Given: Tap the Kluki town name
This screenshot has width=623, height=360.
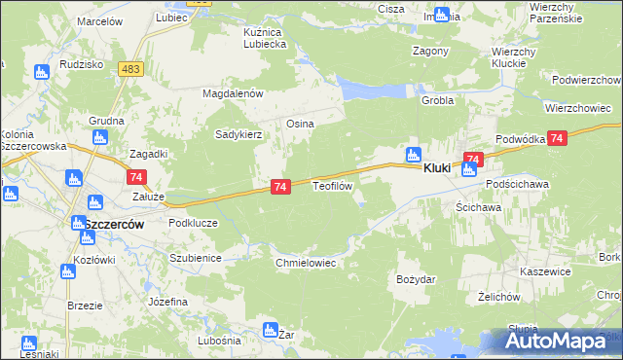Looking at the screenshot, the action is tap(436, 168).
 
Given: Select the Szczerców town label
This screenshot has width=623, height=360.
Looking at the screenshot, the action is tap(113, 224).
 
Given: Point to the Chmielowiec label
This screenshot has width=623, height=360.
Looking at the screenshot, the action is tap(306, 263).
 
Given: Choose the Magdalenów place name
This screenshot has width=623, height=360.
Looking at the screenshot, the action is tap(233, 93).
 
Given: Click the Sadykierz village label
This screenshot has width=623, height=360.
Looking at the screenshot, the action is tap(238, 135).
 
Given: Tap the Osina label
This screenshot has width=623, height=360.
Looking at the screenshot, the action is tap(297, 124).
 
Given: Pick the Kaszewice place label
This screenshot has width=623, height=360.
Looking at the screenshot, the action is tap(544, 271).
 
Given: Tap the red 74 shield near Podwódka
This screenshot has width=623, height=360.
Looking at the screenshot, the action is tap(557, 140).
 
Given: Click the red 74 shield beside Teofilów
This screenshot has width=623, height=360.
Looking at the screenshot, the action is tap(279, 186).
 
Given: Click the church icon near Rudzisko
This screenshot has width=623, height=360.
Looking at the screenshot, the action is tap(41, 72).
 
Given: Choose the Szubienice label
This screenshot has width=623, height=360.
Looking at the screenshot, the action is tap(196, 258).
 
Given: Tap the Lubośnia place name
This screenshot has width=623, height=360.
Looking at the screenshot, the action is tap(218, 340).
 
